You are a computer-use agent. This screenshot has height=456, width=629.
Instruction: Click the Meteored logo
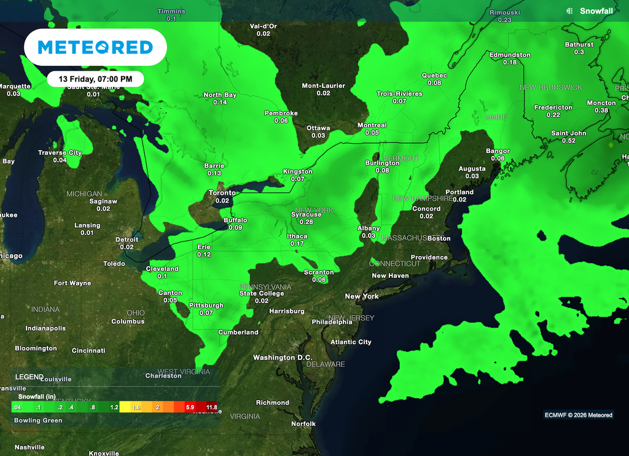click(95, 47)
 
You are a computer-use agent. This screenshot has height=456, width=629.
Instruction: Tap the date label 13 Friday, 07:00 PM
click(95, 79)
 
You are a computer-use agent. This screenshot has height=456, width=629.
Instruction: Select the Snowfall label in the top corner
click(592, 11)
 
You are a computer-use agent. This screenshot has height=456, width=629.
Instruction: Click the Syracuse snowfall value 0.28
click(306, 222)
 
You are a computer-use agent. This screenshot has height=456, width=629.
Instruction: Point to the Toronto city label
click(222, 193)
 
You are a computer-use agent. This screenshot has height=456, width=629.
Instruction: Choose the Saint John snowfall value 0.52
click(569, 141)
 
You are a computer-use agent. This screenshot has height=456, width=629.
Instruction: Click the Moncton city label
click(601, 103)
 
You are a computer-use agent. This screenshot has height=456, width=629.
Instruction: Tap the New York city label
click(362, 296)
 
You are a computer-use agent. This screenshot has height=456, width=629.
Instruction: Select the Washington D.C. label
click(283, 358)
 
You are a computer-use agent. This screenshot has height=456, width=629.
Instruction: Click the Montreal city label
click(372, 125)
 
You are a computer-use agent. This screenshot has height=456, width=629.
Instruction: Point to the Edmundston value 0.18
click(510, 62)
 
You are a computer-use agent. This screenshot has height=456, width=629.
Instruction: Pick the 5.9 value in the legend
click(190, 407)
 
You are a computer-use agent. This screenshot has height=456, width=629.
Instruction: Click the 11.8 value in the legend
click(211, 407)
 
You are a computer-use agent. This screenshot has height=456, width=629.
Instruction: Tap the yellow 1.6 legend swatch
click(136, 407)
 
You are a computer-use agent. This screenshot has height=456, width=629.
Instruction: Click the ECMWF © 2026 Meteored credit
click(579, 415)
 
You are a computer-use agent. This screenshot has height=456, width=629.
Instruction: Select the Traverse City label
click(60, 152)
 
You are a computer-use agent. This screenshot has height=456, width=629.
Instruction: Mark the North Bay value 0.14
click(220, 102)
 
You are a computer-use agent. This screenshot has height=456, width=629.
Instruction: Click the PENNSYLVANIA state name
click(265, 286)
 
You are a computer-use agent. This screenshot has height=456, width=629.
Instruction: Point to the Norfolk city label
click(303, 424)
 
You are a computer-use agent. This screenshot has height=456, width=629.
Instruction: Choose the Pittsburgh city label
click(206, 305)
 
